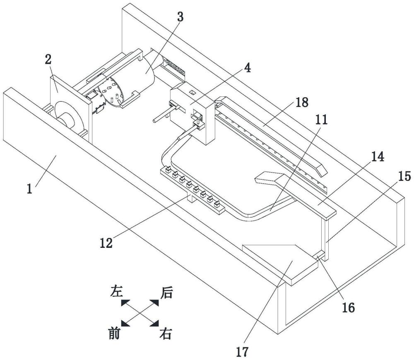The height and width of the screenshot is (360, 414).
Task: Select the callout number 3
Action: (x=168, y=17)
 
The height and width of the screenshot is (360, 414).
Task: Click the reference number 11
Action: (x=321, y=120)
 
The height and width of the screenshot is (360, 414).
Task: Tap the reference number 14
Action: (x=377, y=157)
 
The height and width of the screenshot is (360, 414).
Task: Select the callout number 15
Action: (x=404, y=177)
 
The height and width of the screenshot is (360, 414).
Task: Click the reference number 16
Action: (x=348, y=307)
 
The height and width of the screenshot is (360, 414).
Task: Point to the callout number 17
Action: (x=242, y=352)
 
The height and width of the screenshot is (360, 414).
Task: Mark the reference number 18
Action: (x=302, y=103)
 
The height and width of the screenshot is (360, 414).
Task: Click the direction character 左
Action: (x=116, y=292)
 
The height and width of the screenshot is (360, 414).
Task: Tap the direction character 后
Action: (x=166, y=293)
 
